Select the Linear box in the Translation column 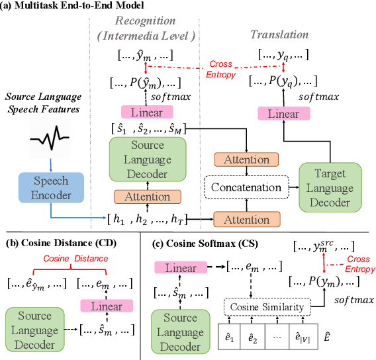[x=283, y=114]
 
